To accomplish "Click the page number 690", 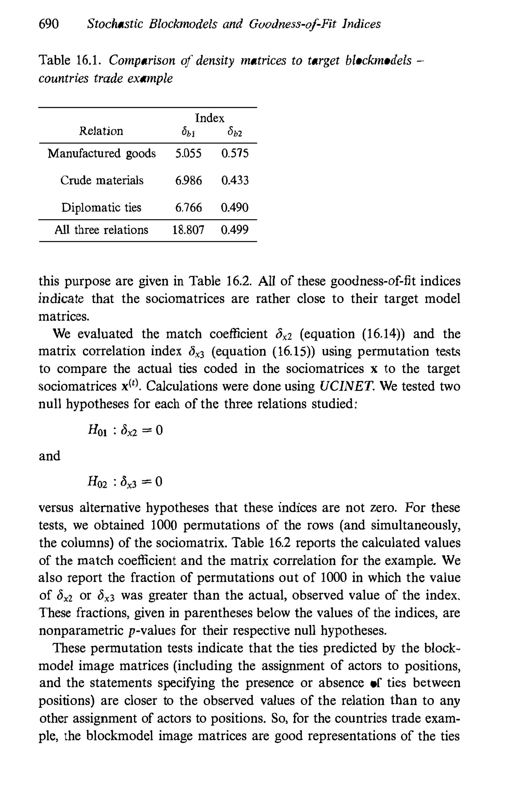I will [49, 24].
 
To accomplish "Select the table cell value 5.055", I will [188, 154].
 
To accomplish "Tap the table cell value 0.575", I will [235, 154].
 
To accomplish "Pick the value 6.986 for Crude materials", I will [188, 181].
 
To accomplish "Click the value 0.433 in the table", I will [235, 181].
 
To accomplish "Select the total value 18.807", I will [188, 230].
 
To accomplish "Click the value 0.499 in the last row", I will [235, 230].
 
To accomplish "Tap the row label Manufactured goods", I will [102, 154].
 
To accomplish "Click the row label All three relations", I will [101, 230].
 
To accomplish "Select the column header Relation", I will [101, 131].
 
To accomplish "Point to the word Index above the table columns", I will [209, 118].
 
